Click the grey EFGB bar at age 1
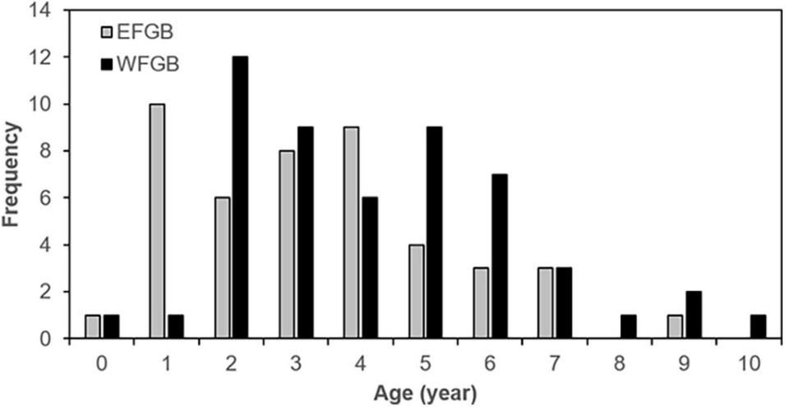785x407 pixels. point(157,221)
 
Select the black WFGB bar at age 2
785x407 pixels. point(240,197)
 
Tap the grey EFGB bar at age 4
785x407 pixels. point(351,233)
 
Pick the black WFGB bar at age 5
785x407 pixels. point(435,233)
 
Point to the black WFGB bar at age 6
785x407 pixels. point(500,256)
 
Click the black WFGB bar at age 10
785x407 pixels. point(758,326)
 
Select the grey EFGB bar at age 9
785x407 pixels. point(676,326)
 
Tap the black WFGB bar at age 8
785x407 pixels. point(629,326)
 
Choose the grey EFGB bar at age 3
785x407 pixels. point(286,244)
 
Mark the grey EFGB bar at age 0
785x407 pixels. point(92,326)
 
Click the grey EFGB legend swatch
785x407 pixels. point(108,32)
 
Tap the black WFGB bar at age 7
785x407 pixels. point(564,303)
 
